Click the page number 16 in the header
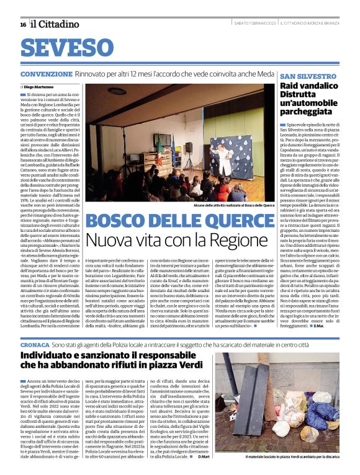coord(23,24)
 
